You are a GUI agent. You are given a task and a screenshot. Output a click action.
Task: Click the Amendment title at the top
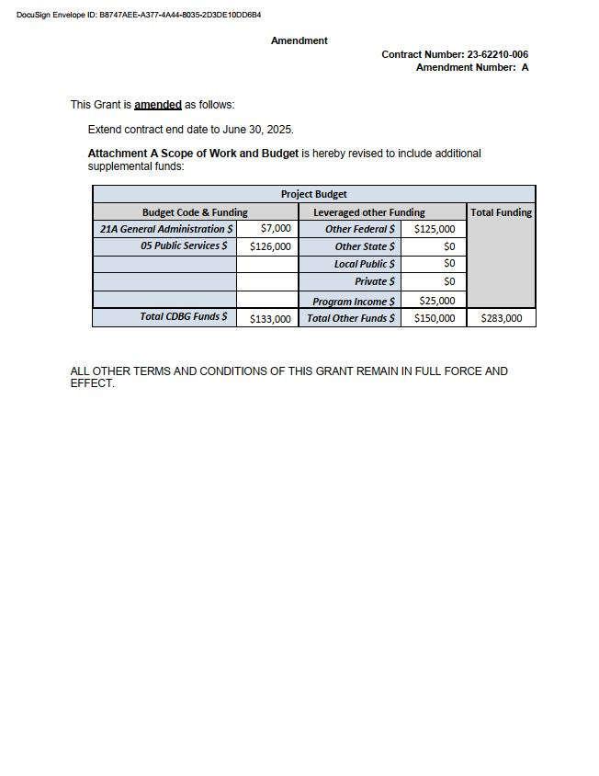tap(299, 40)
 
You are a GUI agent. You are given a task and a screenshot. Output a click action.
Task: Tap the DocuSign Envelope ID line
tap(139, 15)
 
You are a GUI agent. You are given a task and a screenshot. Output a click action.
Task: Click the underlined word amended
tap(158, 105)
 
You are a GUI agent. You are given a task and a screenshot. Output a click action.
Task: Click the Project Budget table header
tap(313, 194)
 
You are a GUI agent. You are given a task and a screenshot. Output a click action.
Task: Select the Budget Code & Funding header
tap(195, 212)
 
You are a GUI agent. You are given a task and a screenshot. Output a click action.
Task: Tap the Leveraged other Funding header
tap(369, 212)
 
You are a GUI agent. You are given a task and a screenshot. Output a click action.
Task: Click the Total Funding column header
tap(501, 212)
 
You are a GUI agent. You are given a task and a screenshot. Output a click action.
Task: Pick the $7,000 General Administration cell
tap(276, 228)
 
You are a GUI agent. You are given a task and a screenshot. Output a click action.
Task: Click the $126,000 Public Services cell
tap(270, 246)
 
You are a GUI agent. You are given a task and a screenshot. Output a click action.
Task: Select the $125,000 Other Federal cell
tap(435, 229)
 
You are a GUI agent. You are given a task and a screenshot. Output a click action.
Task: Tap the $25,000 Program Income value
tap(437, 301)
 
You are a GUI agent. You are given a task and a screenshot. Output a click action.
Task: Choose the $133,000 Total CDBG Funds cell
tap(270, 319)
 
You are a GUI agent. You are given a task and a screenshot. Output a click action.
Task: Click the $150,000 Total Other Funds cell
tap(435, 318)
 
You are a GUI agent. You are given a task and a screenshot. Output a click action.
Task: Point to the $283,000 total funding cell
tap(502, 318)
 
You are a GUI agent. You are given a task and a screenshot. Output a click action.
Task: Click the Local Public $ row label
tap(365, 264)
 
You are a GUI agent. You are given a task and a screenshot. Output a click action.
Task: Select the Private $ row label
tap(375, 281)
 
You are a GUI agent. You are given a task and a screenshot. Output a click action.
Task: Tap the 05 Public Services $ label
tap(184, 246)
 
